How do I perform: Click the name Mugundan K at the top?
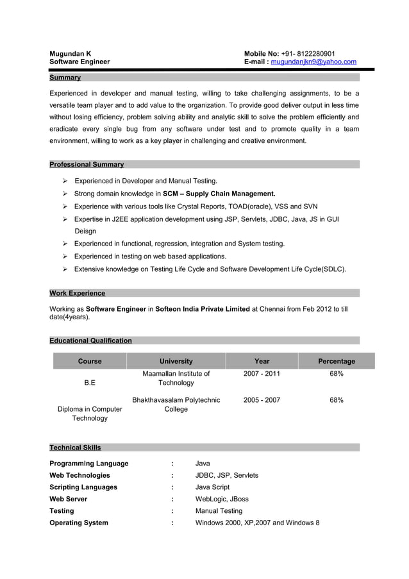(x=71, y=53)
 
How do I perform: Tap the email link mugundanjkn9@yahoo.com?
(x=313, y=62)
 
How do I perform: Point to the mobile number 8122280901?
(x=312, y=53)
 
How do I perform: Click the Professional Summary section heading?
(x=87, y=165)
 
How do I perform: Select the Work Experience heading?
(x=77, y=293)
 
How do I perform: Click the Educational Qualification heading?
(x=90, y=340)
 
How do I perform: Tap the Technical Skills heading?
(x=75, y=448)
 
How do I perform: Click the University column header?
(x=176, y=361)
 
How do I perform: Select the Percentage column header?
(x=336, y=361)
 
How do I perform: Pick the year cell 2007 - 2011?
(x=262, y=374)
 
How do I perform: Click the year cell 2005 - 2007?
(x=262, y=400)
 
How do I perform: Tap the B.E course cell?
(x=90, y=383)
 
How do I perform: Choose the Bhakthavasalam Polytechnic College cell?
(x=176, y=405)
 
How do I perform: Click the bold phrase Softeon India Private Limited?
(x=203, y=309)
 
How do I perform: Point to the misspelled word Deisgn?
(x=85, y=231)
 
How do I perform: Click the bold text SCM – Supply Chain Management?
(x=219, y=194)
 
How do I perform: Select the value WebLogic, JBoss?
(x=222, y=499)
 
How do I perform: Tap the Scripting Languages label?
(x=83, y=487)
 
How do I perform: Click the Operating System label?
(x=79, y=523)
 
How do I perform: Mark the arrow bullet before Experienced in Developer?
(x=65, y=181)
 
